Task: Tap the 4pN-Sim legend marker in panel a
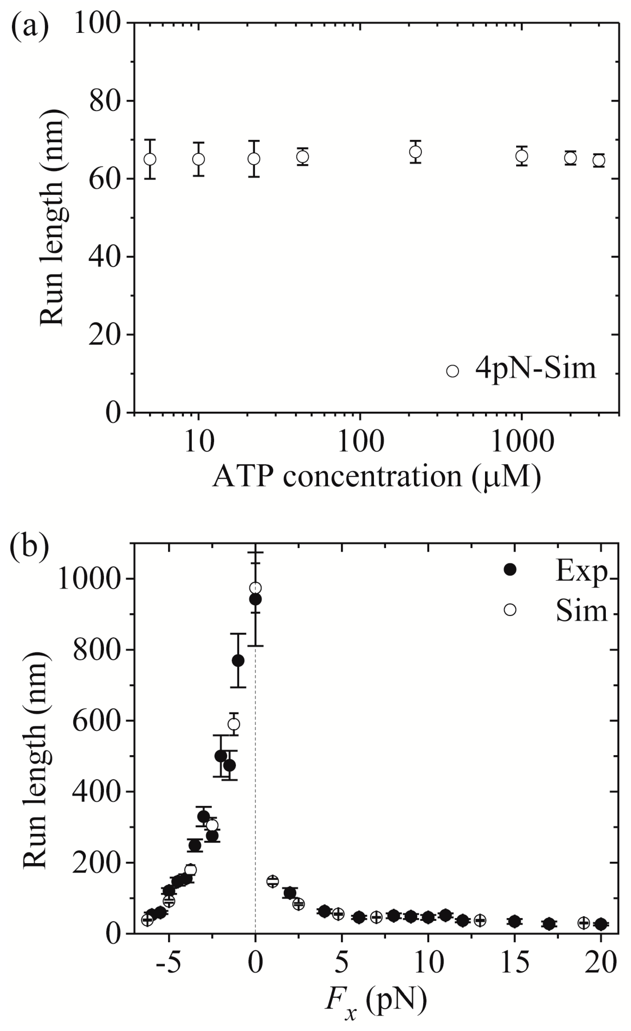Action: (x=452, y=371)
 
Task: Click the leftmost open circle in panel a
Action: (x=150, y=159)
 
